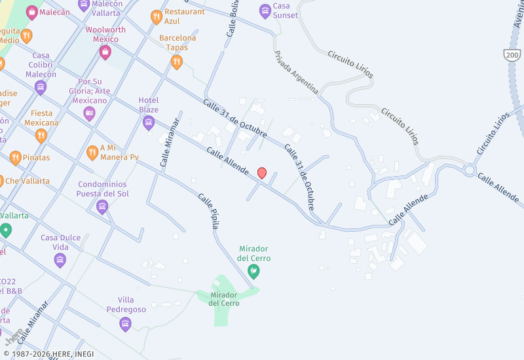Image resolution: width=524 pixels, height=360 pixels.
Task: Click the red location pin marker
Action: [x=262, y=173]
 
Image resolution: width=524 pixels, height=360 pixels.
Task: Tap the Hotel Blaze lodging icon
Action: [x=149, y=122]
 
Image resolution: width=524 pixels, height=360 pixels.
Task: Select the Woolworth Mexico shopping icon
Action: [x=105, y=52]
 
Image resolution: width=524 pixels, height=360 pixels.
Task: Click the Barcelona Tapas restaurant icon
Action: [x=176, y=62]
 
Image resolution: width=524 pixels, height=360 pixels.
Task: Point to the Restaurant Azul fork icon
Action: [x=156, y=16]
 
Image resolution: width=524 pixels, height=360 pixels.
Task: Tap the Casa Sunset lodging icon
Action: [x=265, y=10]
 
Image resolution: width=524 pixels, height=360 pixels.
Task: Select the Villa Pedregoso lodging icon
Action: [x=126, y=323]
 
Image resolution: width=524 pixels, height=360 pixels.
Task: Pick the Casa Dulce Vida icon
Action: [x=60, y=260]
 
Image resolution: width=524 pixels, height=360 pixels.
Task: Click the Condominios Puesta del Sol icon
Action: [x=102, y=207]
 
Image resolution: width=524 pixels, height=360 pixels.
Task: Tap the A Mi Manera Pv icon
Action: [x=92, y=153]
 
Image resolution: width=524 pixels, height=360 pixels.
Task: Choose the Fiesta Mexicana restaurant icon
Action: [x=41, y=135]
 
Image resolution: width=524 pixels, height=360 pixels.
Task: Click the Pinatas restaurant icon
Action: [x=16, y=158]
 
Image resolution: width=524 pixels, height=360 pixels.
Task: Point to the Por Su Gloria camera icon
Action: [x=89, y=113]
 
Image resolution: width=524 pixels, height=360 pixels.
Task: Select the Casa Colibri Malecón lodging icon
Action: [x=41, y=86]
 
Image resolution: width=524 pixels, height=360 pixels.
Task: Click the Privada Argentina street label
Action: [x=296, y=72]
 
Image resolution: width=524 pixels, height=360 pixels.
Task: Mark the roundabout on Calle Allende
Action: [x=470, y=171]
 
